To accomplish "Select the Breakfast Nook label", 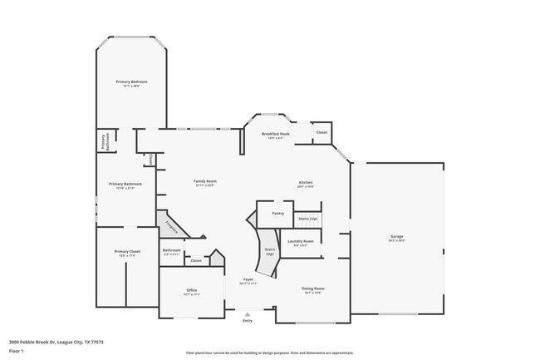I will pyautogui.click(x=275, y=135).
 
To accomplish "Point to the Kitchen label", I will pyautogui.click(x=306, y=184).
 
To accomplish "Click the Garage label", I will pyautogui.click(x=396, y=238).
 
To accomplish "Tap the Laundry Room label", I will pyautogui.click(x=300, y=243).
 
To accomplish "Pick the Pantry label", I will pyautogui.click(x=278, y=214).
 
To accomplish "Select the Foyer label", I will pyautogui.click(x=248, y=281).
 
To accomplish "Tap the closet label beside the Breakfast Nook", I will pyautogui.click(x=322, y=132).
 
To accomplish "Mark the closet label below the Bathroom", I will pyautogui.click(x=196, y=261).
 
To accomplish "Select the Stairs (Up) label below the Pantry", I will pyautogui.click(x=308, y=219).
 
